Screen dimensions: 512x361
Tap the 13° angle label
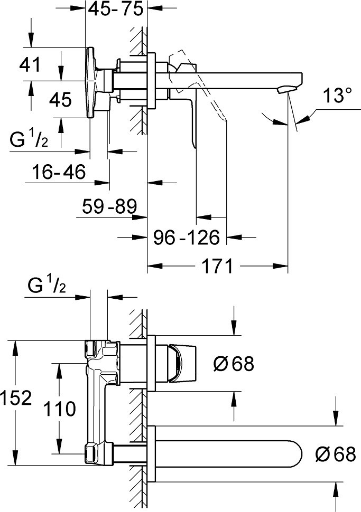[x=337, y=96]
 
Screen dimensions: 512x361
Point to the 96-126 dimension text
[x=186, y=238]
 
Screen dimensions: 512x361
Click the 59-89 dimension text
[x=109, y=206]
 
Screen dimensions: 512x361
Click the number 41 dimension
[x=30, y=65]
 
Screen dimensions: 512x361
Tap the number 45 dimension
[x=60, y=99]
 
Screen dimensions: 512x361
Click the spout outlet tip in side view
[x=288, y=89]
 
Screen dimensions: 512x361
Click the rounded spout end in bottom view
[x=296, y=454]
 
